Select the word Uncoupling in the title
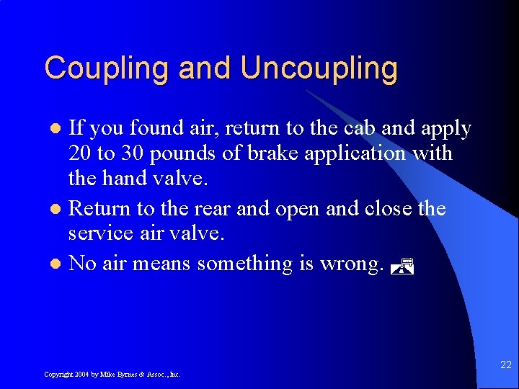click(319, 68)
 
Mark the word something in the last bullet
click(244, 264)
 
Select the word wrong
click(347, 264)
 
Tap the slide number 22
click(505, 365)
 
